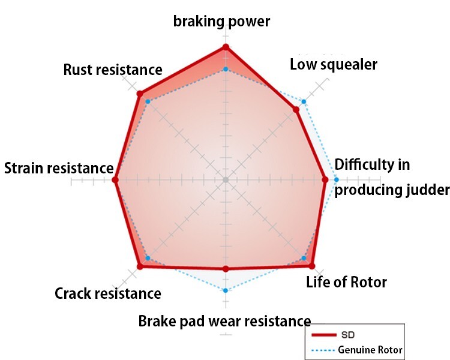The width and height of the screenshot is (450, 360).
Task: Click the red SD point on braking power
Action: pyautogui.click(x=226, y=47)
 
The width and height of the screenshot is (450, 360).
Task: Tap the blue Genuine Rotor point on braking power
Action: pyautogui.click(x=226, y=69)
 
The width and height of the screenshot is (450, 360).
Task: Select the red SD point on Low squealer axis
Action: pyautogui.click(x=296, y=109)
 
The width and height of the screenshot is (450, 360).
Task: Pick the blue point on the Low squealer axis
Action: pyautogui.click(x=304, y=101)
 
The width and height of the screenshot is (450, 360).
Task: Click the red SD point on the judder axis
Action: pyautogui.click(x=325, y=180)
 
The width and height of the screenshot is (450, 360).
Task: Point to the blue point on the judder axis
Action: pyautogui.click(x=337, y=180)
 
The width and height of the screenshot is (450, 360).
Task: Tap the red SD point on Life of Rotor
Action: pyautogui.click(x=312, y=266)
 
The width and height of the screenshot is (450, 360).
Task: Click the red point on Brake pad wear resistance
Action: pyautogui.click(x=226, y=269)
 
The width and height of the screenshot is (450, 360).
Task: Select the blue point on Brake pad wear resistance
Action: pyautogui.click(x=226, y=290)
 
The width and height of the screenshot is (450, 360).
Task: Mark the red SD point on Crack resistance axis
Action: pyautogui.click(x=140, y=266)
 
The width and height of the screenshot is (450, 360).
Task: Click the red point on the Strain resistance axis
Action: pyautogui.click(x=115, y=180)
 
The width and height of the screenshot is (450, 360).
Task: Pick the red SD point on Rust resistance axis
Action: pyautogui.click(x=140, y=94)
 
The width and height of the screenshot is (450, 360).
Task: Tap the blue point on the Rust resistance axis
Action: pyautogui.click(x=148, y=101)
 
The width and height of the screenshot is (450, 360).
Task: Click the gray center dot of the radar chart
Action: pyautogui.click(x=226, y=180)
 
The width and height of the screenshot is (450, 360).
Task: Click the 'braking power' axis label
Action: pyautogui.click(x=221, y=22)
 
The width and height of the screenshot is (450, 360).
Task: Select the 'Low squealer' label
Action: pyautogui.click(x=334, y=65)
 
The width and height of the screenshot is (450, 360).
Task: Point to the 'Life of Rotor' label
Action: pyautogui.click(x=346, y=282)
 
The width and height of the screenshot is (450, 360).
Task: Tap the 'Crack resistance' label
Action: pyautogui.click(x=108, y=293)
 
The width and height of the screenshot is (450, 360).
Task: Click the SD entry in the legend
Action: pyautogui.click(x=333, y=335)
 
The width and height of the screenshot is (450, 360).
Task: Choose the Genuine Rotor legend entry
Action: pyautogui.click(x=357, y=350)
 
